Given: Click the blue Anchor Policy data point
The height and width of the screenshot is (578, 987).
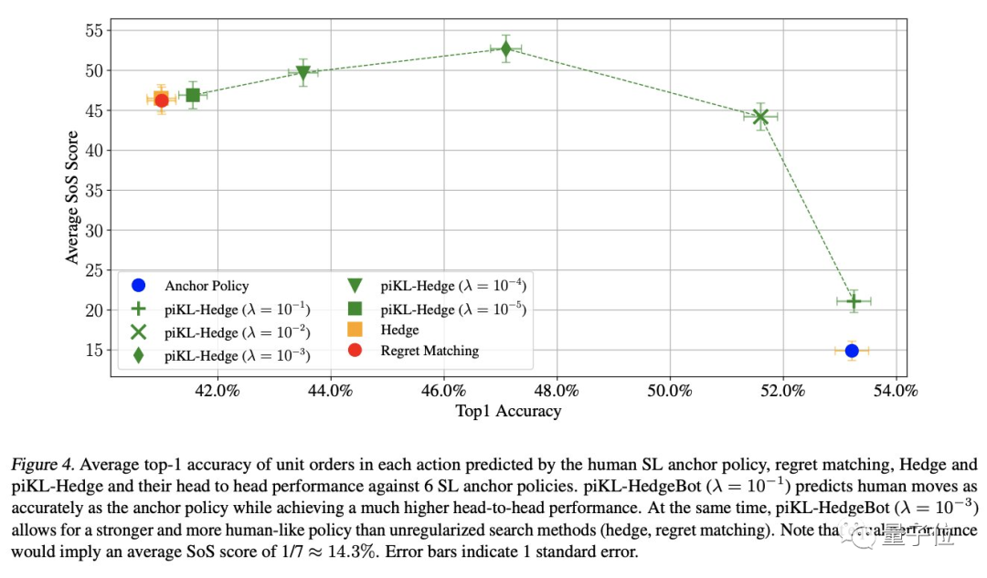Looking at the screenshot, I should point(852,351).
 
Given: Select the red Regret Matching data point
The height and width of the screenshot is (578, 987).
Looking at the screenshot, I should point(162,100).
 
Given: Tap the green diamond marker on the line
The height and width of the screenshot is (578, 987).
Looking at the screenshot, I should point(505,48).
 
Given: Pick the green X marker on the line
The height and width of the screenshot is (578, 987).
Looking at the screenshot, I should point(759,116).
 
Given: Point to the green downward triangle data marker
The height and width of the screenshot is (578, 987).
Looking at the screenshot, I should point(303,73).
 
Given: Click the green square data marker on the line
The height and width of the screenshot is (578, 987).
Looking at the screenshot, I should point(193,95).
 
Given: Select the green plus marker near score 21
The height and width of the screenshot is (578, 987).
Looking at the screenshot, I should point(854,300).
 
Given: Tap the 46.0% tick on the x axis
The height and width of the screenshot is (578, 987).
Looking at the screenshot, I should point(443,391).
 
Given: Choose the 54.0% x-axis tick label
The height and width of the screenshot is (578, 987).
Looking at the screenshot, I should point(896,391).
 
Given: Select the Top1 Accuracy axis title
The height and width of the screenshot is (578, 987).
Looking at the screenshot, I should point(508,412).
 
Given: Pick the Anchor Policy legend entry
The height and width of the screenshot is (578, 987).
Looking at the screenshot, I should point(206,285).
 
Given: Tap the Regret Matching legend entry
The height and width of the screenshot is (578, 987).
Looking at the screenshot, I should point(430,351).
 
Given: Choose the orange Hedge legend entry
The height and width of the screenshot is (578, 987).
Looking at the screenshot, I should point(399,330).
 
